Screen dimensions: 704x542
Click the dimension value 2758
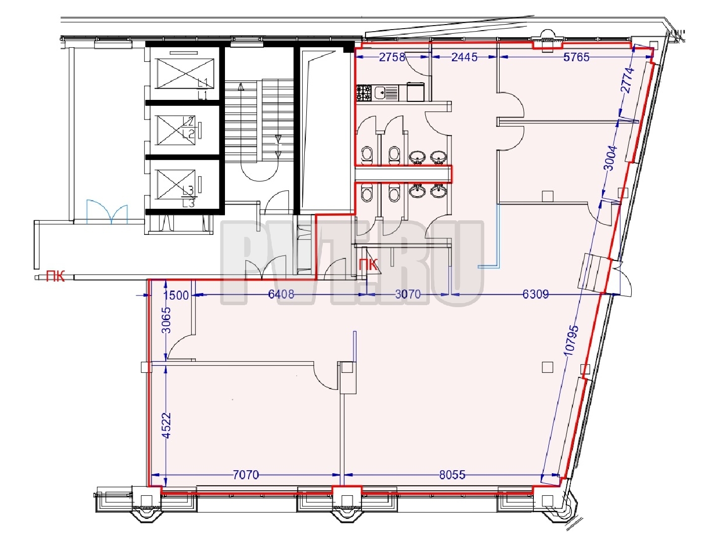click(392, 57)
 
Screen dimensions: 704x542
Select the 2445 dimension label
click(464, 57)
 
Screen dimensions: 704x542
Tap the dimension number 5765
click(576, 57)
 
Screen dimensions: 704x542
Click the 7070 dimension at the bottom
click(246, 475)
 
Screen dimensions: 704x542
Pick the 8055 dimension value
click(452, 475)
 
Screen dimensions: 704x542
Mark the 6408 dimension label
click(281, 294)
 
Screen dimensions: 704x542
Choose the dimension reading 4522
click(166, 426)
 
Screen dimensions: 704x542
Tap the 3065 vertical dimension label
click(166, 320)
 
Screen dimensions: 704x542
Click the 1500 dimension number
click(176, 295)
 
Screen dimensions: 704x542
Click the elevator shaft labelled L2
click(177, 130)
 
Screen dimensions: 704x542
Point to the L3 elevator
click(177, 185)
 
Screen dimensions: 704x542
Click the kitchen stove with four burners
click(364, 93)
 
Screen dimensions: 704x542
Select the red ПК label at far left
click(55, 277)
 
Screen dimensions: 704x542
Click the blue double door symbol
click(107, 212)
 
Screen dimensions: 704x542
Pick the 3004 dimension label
click(611, 158)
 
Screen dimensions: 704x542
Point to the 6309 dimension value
click(536, 294)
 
